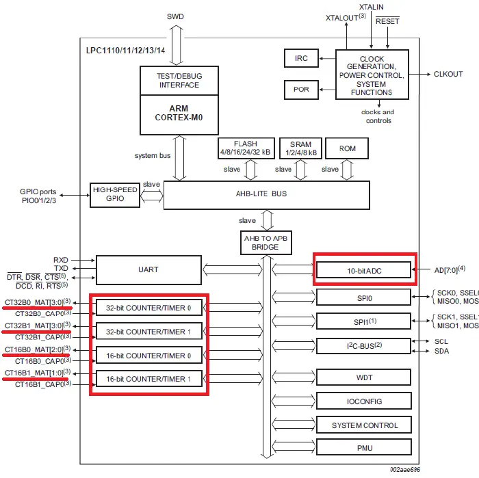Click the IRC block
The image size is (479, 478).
tap(301, 59)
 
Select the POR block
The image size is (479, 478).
tap(301, 90)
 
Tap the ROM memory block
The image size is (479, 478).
tap(347, 148)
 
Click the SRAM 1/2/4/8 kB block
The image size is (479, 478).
tap(300, 148)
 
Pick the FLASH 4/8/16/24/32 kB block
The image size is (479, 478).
tap(245, 148)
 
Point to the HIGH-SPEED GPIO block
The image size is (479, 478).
tap(114, 194)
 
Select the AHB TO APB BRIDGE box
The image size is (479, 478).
tap(267, 242)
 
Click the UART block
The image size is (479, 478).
tap(148, 269)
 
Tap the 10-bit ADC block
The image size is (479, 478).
tap(363, 271)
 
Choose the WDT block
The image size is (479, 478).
tap(363, 377)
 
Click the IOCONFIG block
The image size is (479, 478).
tap(363, 401)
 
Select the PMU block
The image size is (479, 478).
tap(363, 449)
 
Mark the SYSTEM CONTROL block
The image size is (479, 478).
tap(363, 425)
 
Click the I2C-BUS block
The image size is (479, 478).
tap(363, 345)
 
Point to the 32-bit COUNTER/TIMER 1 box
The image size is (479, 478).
tap(149, 332)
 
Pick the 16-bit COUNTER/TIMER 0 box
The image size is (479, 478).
tap(149, 356)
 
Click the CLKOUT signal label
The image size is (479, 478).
tap(448, 74)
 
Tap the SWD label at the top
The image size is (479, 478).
tap(175, 16)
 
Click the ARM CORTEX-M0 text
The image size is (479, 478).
tap(178, 113)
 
